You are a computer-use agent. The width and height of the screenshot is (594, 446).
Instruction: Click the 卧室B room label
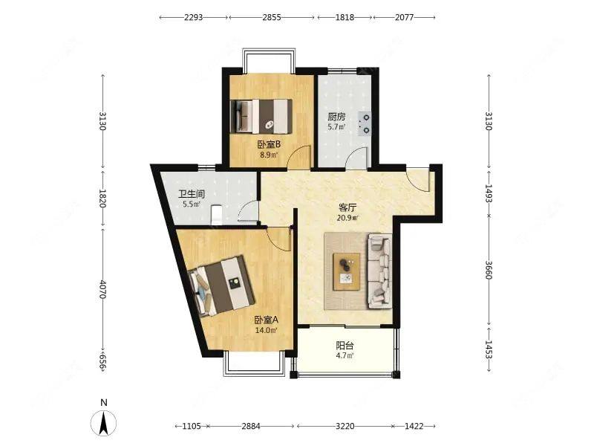pos(269,144)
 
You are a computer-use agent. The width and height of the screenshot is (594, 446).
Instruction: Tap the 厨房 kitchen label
pos(336,117)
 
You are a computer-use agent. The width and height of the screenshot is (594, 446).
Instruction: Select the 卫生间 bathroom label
pos(192,194)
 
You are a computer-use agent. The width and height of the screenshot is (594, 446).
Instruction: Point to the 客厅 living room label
pos(347,207)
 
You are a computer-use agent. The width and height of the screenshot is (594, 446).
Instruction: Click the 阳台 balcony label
pos(345,346)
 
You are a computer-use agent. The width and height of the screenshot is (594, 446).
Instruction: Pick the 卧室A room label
pos(266,320)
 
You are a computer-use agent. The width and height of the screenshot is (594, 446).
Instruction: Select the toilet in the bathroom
pos(216,215)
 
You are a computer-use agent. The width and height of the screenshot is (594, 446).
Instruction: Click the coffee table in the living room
pos(347,271)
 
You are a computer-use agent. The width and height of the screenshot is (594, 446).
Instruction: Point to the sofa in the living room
pos(379,271)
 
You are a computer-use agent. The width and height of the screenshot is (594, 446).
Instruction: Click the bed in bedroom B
pos(261,117)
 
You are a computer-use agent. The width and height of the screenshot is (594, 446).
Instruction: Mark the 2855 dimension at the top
pos(272,17)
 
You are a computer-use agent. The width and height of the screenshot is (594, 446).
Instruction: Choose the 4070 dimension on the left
pos(102,289)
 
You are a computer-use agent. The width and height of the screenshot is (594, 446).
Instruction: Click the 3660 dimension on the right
pos(489,270)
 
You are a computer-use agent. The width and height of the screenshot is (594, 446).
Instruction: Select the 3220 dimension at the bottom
pos(345,426)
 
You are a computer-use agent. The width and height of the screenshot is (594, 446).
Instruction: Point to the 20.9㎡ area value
pos(347,218)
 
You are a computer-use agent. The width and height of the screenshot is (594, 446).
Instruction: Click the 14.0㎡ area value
pos(266,330)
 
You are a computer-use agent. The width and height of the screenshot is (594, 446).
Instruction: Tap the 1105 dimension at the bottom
pos(192,426)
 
